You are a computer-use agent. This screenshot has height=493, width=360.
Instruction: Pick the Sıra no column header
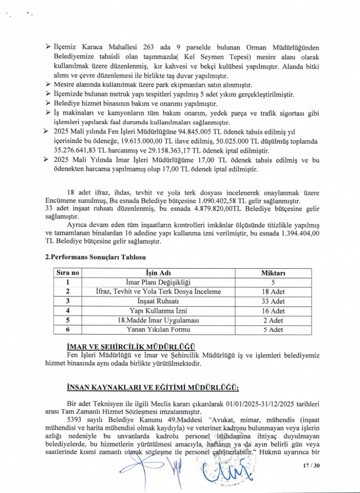(67, 273)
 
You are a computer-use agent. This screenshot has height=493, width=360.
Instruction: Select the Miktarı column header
(273, 273)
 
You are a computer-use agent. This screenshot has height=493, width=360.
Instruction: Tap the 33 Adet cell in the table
(273, 301)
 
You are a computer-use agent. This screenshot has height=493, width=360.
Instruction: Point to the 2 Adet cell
(273, 320)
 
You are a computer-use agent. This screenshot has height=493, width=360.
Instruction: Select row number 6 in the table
(67, 329)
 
